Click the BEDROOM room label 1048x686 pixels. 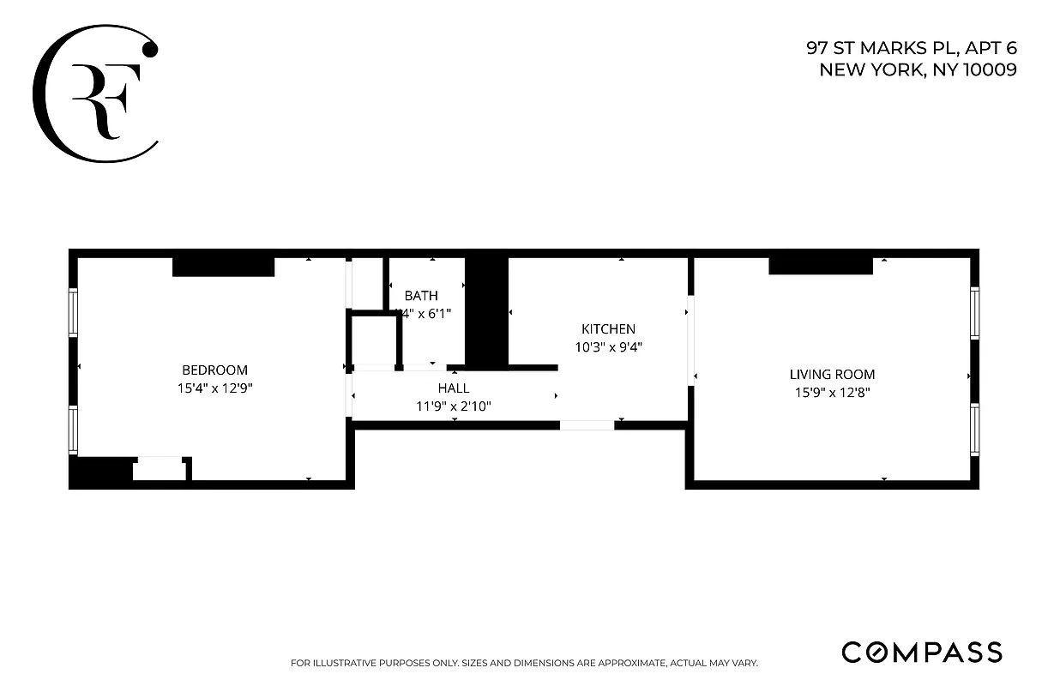pyautogui.click(x=214, y=370)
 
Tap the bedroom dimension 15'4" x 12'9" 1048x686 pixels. pyautogui.click(x=214, y=388)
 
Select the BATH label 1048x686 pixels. pyautogui.click(x=421, y=296)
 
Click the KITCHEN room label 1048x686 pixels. pyautogui.click(x=608, y=329)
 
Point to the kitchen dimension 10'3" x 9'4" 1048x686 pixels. pyautogui.click(x=608, y=347)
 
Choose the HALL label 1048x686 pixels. pyautogui.click(x=454, y=388)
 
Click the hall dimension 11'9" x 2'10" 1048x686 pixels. pyautogui.click(x=454, y=406)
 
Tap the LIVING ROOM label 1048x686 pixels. pyautogui.click(x=832, y=375)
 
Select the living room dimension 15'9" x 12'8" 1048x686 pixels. pyautogui.click(x=832, y=393)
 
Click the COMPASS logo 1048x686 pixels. pyautogui.click(x=921, y=652)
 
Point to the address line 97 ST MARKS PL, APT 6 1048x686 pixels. pyautogui.click(x=911, y=49)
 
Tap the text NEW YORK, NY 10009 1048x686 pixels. pyautogui.click(x=918, y=70)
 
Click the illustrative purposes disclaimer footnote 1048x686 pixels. pyautogui.click(x=524, y=663)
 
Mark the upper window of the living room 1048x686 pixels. pyautogui.click(x=974, y=313)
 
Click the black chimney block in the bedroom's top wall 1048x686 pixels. pyautogui.click(x=223, y=267)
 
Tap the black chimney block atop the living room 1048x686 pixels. pyautogui.click(x=820, y=266)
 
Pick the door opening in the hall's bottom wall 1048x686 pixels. pyautogui.click(x=587, y=425)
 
